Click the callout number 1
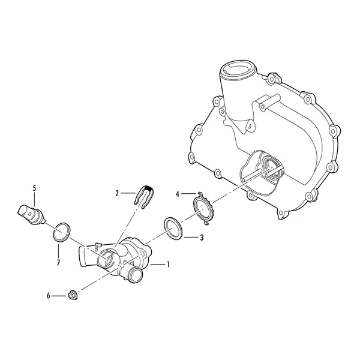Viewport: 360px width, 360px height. [168, 265]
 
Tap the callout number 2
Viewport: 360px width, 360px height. [117, 194]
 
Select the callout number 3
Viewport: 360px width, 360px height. [202, 238]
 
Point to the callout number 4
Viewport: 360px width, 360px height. [177, 194]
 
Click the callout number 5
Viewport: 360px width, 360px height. [34, 188]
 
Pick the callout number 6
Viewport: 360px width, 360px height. [48, 296]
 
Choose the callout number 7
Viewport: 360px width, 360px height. [58, 262]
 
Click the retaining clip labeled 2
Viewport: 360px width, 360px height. [144, 197]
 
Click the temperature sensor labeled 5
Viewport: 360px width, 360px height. [31, 214]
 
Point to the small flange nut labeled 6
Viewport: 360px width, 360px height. [73, 295]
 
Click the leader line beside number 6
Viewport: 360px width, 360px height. [59, 296]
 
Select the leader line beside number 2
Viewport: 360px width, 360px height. [128, 193]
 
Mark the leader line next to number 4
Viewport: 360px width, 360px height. [189, 194]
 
